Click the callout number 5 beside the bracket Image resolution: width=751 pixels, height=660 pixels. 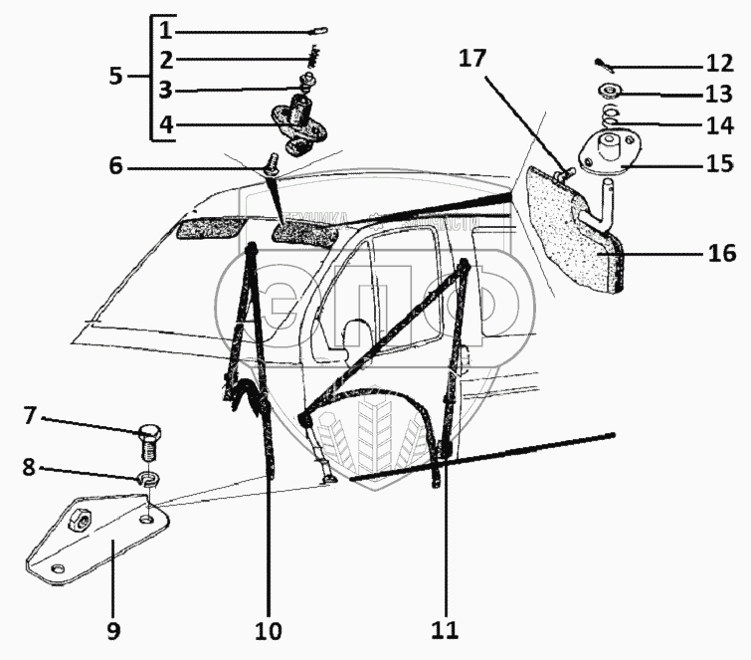(x=117, y=76)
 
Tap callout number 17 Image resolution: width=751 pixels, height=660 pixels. (x=473, y=59)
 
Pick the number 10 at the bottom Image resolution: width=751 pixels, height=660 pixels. (x=269, y=630)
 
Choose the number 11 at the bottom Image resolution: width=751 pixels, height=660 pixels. (x=445, y=630)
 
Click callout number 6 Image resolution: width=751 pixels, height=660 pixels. (x=116, y=167)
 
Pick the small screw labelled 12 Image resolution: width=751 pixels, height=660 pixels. (x=604, y=66)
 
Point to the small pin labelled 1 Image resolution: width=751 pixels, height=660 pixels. (x=321, y=31)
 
